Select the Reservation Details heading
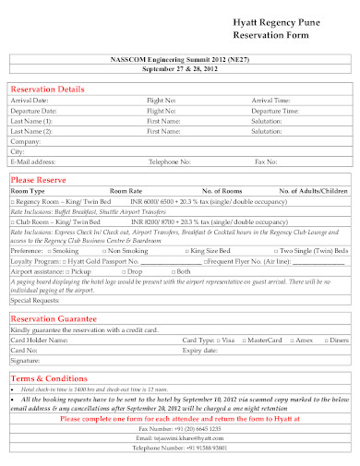[47, 89]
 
